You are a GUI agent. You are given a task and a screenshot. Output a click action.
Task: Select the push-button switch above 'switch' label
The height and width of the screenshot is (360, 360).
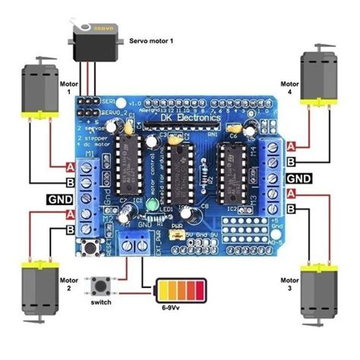coord(100,286)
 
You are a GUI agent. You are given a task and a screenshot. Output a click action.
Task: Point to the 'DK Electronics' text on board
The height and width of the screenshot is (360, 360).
coord(189,118)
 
